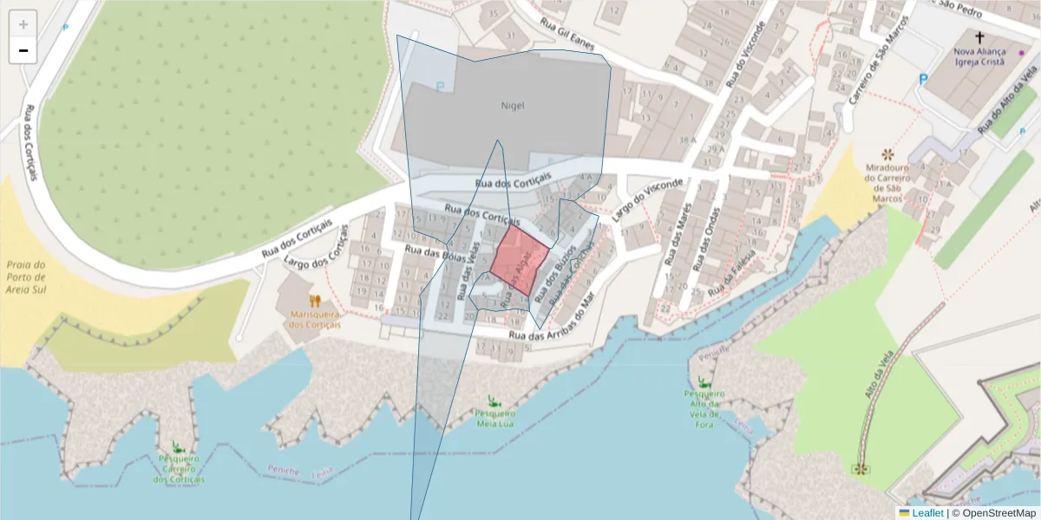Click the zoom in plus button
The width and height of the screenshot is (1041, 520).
tap(23, 24)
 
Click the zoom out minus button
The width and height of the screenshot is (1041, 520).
tap(23, 50)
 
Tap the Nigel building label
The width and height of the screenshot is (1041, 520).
tap(513, 106)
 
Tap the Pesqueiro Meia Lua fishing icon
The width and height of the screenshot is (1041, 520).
tap(493, 401)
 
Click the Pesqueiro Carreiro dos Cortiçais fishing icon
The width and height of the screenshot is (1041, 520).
tap(179, 447)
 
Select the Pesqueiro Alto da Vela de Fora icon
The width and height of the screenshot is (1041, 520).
tap(704, 382)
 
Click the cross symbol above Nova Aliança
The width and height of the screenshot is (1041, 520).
tap(979, 37)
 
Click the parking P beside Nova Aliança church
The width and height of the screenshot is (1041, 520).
tap(923, 79)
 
